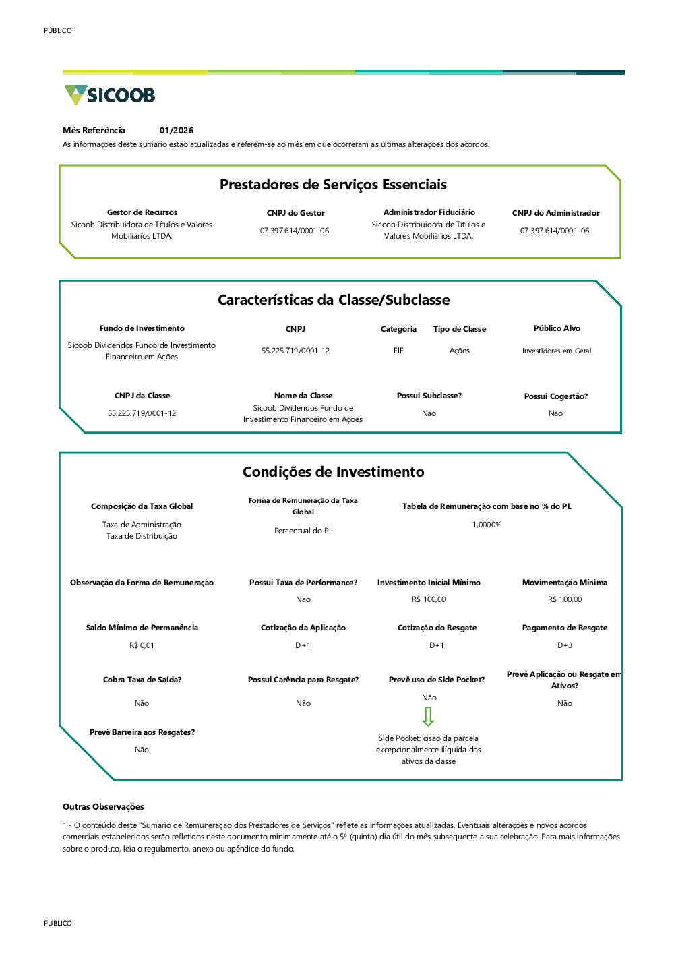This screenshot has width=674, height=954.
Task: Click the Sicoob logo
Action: (x=109, y=94)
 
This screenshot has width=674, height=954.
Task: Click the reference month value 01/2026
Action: (x=177, y=130)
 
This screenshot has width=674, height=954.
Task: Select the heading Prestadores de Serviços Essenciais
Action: (x=333, y=185)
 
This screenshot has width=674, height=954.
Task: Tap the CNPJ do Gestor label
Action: (x=295, y=213)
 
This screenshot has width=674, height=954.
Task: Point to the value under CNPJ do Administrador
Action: (x=554, y=231)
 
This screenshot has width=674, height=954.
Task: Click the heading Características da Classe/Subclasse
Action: (x=334, y=300)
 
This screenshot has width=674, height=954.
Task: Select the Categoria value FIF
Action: (x=398, y=351)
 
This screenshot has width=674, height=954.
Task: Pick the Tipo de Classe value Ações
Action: (x=460, y=351)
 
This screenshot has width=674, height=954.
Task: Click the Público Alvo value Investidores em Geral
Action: (x=557, y=351)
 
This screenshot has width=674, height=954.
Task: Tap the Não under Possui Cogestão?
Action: (x=555, y=413)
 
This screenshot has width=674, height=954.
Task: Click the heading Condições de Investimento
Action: (x=334, y=471)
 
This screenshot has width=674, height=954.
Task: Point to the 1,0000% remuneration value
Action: (x=487, y=525)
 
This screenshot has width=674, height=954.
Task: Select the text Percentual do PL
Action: (x=303, y=530)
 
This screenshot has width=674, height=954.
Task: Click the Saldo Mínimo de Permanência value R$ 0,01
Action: (x=142, y=645)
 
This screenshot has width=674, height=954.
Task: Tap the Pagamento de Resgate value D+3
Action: (x=565, y=645)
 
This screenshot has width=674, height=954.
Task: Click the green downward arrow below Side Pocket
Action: (x=428, y=717)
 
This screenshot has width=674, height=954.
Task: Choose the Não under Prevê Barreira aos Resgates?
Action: (x=142, y=750)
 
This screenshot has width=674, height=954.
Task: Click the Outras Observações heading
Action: (x=103, y=806)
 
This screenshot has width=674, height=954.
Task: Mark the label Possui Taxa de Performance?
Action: (x=303, y=583)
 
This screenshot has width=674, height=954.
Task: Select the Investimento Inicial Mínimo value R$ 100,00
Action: (x=429, y=599)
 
